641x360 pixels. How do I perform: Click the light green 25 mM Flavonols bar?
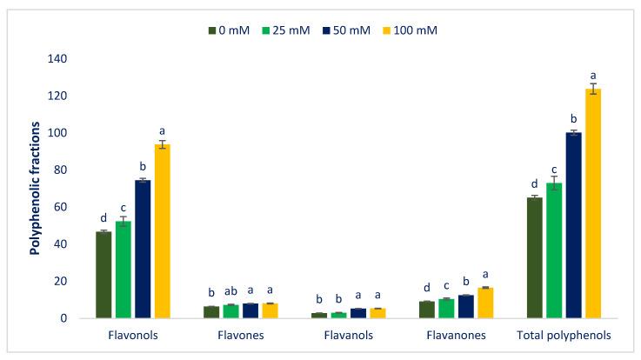[123, 270]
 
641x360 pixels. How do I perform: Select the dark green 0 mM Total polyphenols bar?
[534, 257]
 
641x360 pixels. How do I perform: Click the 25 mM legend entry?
[290, 30]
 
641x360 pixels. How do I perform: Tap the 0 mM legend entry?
[230, 30]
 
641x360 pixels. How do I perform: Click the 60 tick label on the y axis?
[59, 207]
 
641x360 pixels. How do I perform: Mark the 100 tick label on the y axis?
[56, 133]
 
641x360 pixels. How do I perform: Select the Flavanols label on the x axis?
[348, 336]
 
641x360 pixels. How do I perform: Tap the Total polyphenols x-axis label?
[564, 336]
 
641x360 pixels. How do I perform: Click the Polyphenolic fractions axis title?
[36, 189]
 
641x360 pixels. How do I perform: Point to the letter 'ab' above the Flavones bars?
[230, 293]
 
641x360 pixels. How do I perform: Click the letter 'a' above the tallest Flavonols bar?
[162, 130]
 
